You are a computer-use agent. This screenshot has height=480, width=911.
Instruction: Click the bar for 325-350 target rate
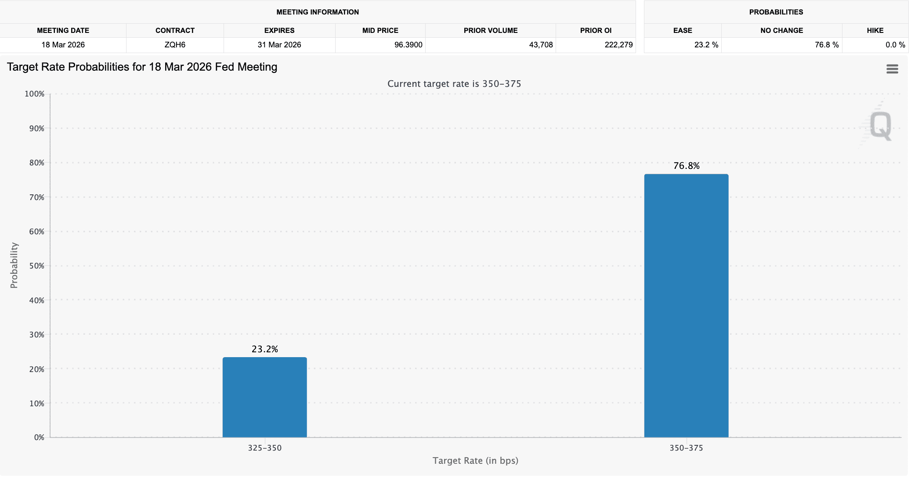pos(264,397)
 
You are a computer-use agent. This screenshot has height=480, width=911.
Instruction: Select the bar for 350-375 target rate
pos(686,306)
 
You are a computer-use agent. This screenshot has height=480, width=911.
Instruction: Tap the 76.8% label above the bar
pos(686,166)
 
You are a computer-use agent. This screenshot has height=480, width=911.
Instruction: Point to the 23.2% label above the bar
pos(264,349)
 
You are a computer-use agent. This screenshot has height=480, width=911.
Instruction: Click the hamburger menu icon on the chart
pos(892,69)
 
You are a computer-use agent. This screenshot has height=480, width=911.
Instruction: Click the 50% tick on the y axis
pos(37,266)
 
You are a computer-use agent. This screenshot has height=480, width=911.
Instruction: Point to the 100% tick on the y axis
pos(35,94)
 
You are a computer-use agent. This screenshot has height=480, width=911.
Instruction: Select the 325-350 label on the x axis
pos(264,448)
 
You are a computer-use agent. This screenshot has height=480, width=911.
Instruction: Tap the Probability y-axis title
pos(14,265)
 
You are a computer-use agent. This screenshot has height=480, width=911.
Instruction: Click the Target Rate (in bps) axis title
pos(475,461)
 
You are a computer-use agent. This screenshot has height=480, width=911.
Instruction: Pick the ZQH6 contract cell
pos(175,45)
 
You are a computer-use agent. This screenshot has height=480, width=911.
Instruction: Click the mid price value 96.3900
pos(408,45)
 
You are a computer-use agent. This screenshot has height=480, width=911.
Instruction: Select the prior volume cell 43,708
pos(541,45)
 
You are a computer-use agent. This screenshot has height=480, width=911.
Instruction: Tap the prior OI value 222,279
pos(618,45)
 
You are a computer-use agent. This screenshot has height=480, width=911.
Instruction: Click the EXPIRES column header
pos(279,30)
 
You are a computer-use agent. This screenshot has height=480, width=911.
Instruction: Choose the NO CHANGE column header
pos(781,30)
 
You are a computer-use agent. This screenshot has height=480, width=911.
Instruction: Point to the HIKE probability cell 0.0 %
pos(895,45)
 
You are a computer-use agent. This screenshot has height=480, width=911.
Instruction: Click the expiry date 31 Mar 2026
pos(279,45)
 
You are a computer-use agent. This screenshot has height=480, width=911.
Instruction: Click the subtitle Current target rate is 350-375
pos(454,84)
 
